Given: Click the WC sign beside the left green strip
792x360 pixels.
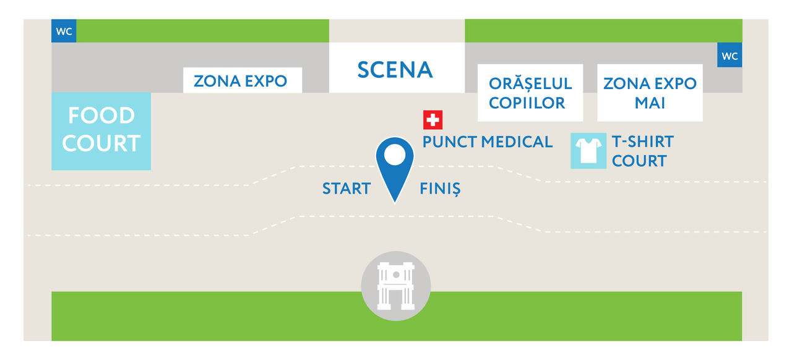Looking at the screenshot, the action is click(64, 31).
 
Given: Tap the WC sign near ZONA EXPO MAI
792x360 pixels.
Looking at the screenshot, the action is click(730, 55).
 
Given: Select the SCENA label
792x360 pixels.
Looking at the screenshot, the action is click(395, 70).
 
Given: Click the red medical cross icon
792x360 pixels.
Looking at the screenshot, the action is click(433, 120).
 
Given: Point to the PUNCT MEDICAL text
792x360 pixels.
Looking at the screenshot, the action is click(487, 142).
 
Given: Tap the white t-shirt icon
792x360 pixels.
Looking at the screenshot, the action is click(588, 151).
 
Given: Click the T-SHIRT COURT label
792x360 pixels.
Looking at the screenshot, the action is click(643, 151).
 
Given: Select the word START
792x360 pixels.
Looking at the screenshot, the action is click(346, 189).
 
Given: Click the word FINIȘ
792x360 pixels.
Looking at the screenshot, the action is click(440, 189).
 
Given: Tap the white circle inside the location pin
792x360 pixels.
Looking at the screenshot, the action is click(395, 155).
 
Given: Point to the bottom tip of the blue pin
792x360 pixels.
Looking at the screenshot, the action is click(395, 203).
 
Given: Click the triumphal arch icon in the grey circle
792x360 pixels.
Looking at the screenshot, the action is click(396, 286).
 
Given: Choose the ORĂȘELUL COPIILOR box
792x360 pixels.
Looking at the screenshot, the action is click(530, 93).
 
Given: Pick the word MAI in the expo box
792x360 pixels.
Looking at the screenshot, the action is click(650, 103).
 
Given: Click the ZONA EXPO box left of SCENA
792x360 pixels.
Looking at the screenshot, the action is click(243, 80).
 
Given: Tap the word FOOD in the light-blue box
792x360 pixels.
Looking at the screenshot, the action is click(101, 115).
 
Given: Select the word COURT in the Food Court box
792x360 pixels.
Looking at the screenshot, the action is click(101, 144).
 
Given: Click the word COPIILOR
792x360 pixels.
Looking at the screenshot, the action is click(527, 103).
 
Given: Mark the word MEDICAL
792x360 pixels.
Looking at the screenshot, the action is click(517, 142).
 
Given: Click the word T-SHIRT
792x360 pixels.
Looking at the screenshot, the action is click(643, 142).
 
